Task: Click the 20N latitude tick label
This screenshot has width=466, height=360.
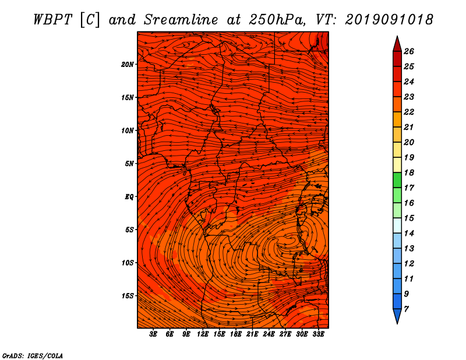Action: [127, 65]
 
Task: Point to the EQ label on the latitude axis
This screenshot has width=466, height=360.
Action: [129, 197]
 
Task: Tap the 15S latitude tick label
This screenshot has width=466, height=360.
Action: [128, 296]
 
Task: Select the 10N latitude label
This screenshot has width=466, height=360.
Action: [127, 130]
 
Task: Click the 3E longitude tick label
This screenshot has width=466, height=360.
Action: [153, 334]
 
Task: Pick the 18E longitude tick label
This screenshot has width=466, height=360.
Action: [236, 334]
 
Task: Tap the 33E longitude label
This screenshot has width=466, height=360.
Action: [318, 334]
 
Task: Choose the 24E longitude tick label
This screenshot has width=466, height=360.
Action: [269, 334]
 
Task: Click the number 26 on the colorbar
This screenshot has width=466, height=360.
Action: [409, 51]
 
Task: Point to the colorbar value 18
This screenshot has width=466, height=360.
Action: [409, 172]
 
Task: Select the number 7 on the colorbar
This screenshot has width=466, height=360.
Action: [406, 309]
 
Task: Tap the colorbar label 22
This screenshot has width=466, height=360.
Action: [409, 112]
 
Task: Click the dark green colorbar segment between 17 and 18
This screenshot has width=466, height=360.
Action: [397, 180]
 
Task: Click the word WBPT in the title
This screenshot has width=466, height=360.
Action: [52, 20]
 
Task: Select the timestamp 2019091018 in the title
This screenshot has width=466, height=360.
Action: [389, 20]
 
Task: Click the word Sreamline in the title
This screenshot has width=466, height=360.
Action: [181, 20]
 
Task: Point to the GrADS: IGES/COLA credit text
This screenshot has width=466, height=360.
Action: [33, 355]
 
